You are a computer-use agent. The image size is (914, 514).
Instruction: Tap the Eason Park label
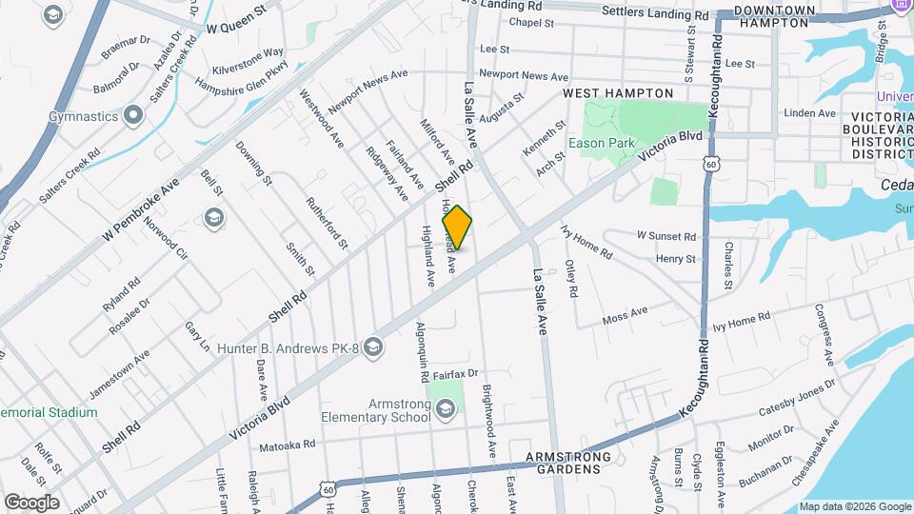point(601,144)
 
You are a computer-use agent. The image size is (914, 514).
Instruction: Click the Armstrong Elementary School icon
point(447,408)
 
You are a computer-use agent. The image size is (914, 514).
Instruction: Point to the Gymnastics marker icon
point(133,116)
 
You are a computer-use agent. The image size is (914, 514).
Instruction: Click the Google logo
point(31,502)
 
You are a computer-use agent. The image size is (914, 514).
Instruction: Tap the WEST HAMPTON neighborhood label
point(617,93)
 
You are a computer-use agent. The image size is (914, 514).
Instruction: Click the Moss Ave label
point(625,315)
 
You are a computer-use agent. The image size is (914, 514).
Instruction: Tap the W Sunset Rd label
point(666,235)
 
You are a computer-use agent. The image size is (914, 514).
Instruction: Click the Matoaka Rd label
point(287,445)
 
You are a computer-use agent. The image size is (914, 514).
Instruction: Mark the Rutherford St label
point(326,223)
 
